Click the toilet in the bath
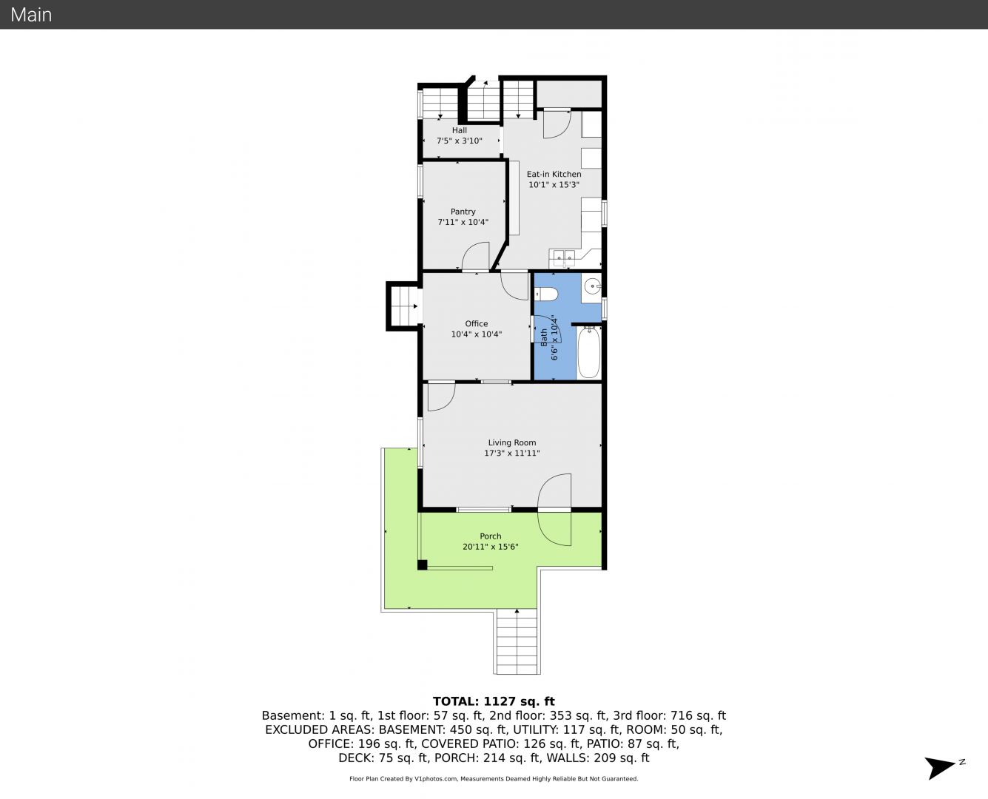click(545, 294)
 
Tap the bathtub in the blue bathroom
click(589, 352)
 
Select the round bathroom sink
click(592, 286)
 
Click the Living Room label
click(511, 443)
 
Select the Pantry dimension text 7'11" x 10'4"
click(463, 222)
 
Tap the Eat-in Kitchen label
click(554, 175)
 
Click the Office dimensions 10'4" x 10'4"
click(477, 334)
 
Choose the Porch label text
click(490, 536)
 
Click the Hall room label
click(459, 130)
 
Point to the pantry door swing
click(476, 256)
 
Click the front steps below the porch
click(517, 642)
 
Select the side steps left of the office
click(404, 306)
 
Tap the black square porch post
click(422, 564)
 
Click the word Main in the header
click(31, 15)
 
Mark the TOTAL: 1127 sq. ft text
click(494, 701)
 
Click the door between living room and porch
click(554, 510)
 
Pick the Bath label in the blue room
click(544, 337)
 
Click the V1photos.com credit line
click(494, 778)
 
